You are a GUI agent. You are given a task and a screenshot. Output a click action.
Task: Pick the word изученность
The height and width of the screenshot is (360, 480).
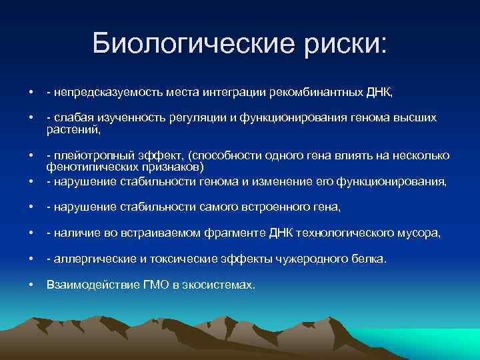124,118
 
